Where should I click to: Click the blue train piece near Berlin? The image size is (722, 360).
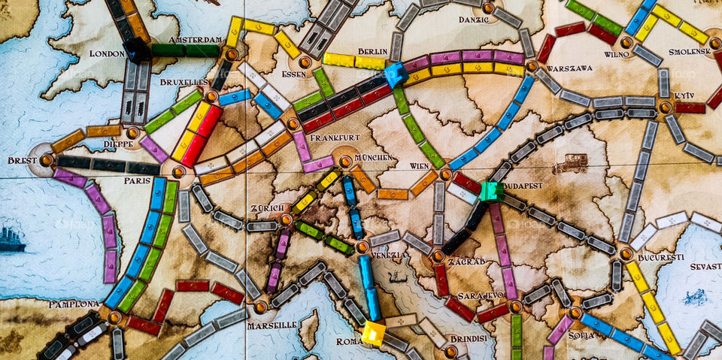coord(394,74)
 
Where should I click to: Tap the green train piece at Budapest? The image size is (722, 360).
coord(493,192)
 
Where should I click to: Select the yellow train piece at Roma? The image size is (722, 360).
coord(373,333)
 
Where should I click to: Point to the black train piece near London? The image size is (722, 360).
coord(138,49)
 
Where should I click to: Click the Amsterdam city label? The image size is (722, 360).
coord(195,39)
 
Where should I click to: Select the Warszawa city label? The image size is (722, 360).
coord(569,68)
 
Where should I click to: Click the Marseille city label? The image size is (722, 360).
coord(272,325)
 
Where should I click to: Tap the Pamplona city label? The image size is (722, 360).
coord(73,304)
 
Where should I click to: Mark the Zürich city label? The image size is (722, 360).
coord(267,207)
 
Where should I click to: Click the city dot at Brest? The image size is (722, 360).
coord(47,160)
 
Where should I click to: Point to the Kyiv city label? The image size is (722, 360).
coord(684,96)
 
